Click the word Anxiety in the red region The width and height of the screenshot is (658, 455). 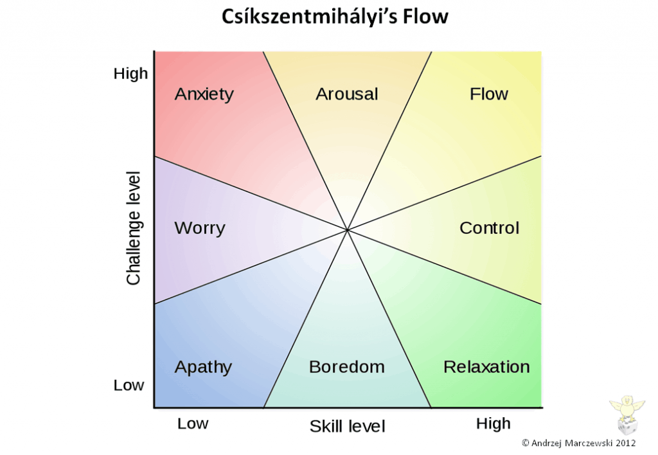(x=204, y=94)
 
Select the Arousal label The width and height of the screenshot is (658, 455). (x=346, y=94)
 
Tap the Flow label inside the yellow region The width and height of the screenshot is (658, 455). (x=489, y=94)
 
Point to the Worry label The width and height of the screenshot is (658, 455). (x=200, y=228)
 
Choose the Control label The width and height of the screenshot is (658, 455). (x=489, y=228)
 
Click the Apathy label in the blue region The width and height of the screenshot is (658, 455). (x=203, y=367)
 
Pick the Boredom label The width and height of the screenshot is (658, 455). (x=346, y=367)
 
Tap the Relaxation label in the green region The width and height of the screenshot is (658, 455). (x=486, y=367)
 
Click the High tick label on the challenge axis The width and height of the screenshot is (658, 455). (x=130, y=74)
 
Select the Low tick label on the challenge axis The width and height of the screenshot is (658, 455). (x=129, y=385)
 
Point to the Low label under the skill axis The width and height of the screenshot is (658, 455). (x=193, y=424)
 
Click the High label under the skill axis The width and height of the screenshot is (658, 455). (x=493, y=424)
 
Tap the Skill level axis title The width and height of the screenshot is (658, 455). (x=347, y=427)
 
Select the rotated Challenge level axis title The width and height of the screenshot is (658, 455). (x=134, y=228)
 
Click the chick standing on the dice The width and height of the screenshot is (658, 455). (x=627, y=407)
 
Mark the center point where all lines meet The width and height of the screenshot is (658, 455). (x=348, y=230)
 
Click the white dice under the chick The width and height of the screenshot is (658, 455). (x=627, y=426)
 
